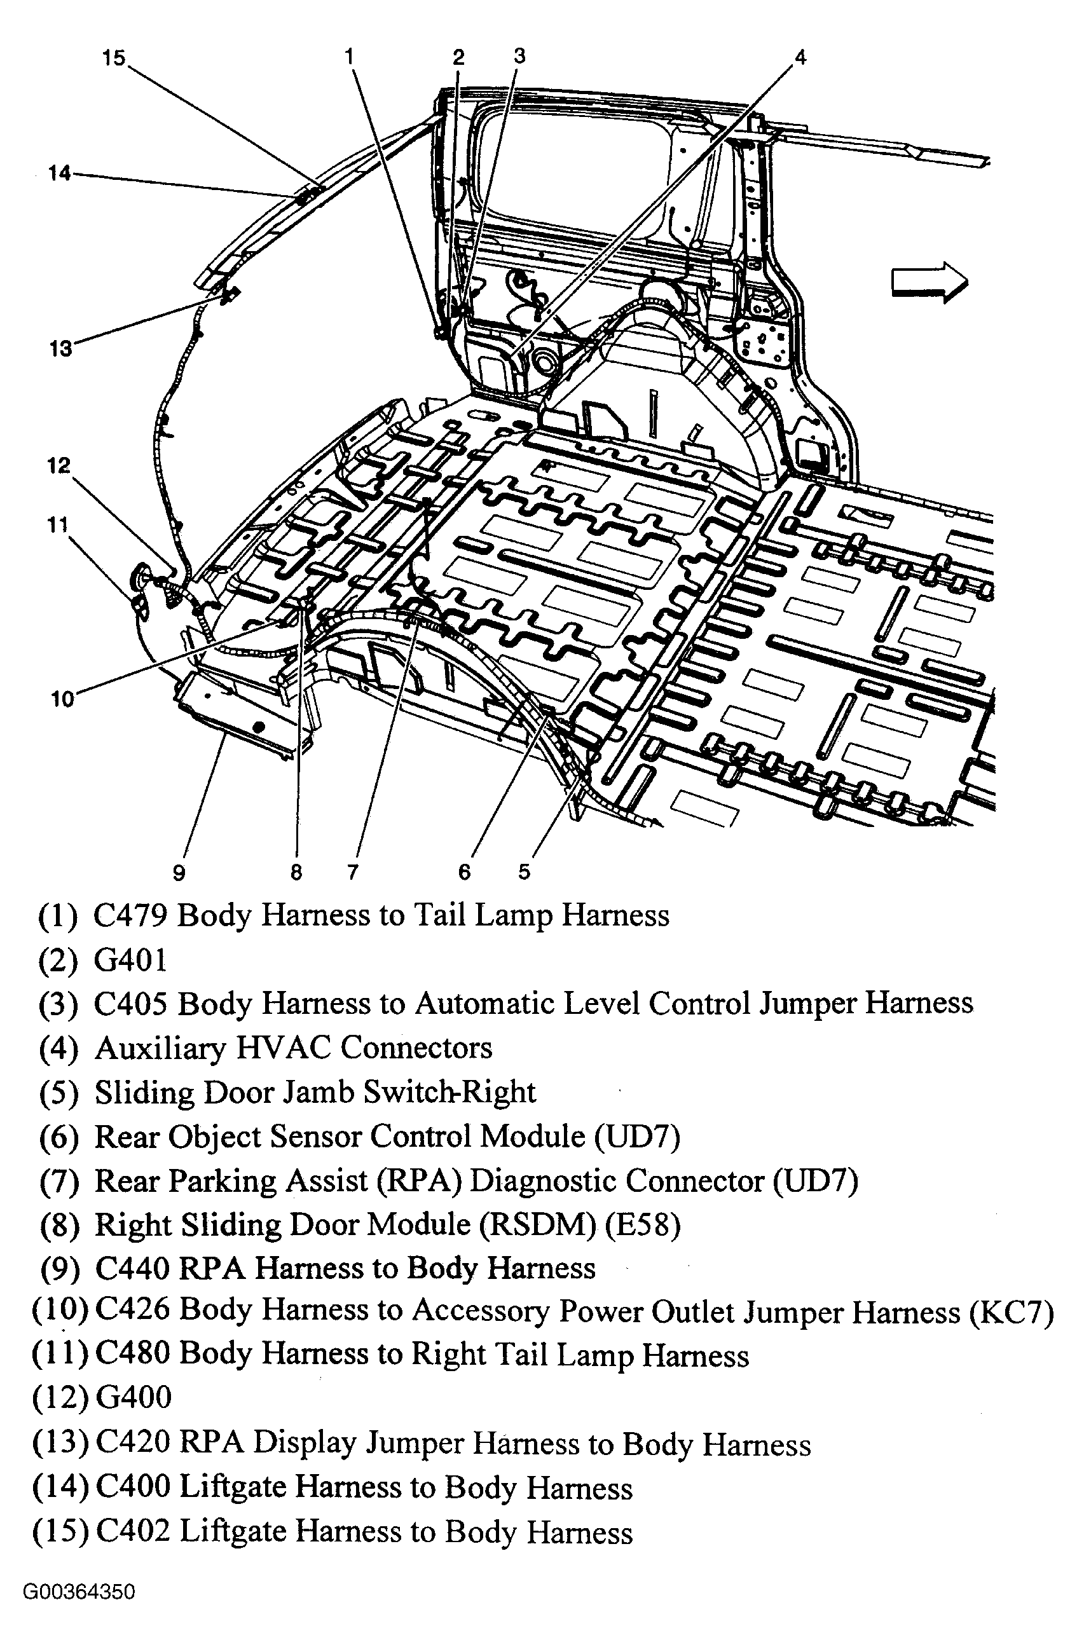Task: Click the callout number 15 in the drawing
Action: (x=114, y=58)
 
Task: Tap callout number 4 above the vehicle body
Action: (x=800, y=57)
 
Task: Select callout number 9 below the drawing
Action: (x=179, y=873)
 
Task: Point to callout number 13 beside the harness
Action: (x=61, y=348)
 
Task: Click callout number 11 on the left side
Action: (x=58, y=525)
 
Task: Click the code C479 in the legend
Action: (x=131, y=915)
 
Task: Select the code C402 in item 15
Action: (x=133, y=1530)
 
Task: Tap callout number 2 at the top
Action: (x=458, y=57)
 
